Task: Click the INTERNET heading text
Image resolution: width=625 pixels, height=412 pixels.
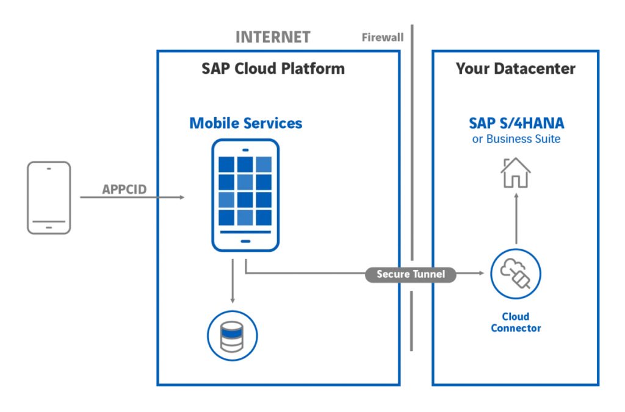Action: click(273, 37)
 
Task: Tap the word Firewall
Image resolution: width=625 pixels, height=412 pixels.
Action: click(383, 38)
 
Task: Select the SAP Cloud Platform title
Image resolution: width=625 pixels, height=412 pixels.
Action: click(273, 68)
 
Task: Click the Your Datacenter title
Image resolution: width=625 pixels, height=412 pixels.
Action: click(515, 68)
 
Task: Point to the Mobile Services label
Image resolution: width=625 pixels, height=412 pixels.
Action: click(245, 123)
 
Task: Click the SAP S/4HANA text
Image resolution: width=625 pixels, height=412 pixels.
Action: click(516, 123)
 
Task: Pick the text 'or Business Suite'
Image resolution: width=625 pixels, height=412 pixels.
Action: click(516, 139)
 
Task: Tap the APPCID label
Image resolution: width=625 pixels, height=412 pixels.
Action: click(124, 189)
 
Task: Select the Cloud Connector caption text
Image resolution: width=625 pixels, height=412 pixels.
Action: click(516, 322)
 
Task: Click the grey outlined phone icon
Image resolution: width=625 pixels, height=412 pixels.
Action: click(49, 197)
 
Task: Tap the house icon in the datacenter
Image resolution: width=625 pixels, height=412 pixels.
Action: click(516, 172)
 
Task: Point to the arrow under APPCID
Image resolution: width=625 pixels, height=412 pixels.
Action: click(132, 197)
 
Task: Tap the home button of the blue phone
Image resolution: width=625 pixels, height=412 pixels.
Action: click(245, 241)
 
